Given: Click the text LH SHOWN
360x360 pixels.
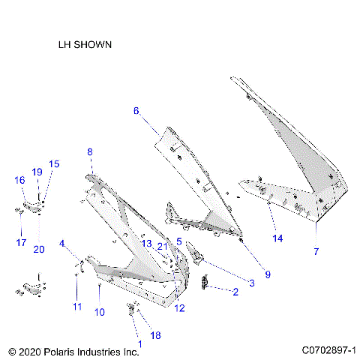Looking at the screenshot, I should click(85, 44).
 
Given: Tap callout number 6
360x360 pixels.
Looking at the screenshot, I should click(136, 110).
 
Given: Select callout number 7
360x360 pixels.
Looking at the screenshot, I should click(316, 251).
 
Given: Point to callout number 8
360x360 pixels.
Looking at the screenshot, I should click(90, 152).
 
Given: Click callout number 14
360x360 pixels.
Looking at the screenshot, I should click(278, 238).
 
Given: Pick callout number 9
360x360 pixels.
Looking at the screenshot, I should click(268, 274).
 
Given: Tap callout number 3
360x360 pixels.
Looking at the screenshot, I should click(252, 283).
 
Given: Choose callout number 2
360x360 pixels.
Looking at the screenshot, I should click(235, 292).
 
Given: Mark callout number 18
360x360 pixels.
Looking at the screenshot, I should click(156, 335).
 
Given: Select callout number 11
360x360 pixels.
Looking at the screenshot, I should click(76, 307).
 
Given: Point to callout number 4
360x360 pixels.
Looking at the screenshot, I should click(63, 243).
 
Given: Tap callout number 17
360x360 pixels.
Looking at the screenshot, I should click(21, 242).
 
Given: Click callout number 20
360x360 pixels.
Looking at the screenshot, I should click(39, 249).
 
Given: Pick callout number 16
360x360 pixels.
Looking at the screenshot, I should click(19, 180).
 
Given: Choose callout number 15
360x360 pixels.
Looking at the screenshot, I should click(53, 164).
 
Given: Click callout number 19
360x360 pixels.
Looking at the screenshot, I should click(37, 172).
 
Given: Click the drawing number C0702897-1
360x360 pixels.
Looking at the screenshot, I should click(328, 350).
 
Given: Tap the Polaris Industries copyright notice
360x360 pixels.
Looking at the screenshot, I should click(73, 350).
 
